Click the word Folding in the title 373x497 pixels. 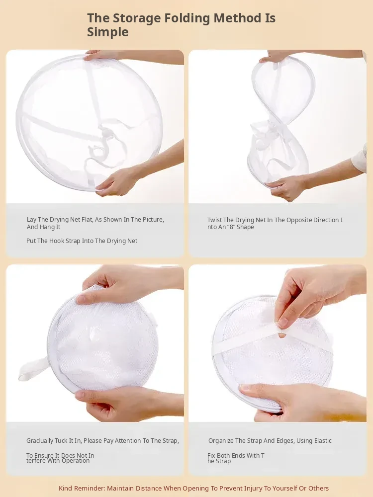click(x=186, y=18)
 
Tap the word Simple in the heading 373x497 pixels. click(x=108, y=32)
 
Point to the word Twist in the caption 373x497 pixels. click(x=214, y=220)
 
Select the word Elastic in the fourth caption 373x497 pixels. click(x=323, y=440)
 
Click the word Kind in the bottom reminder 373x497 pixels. click(x=65, y=489)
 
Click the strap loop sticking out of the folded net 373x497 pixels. click(x=33, y=368)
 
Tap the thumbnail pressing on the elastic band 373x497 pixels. click(x=282, y=323)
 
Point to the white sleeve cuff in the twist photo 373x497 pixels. click(x=360, y=158)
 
